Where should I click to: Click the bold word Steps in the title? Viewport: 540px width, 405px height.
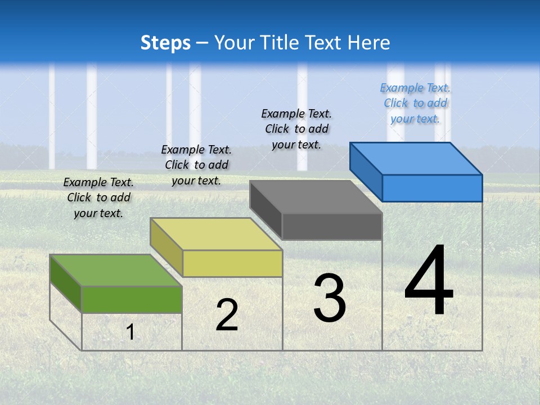[165, 43]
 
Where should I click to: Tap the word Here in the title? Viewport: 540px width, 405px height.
[369, 43]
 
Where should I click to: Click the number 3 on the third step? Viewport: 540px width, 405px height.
[330, 298]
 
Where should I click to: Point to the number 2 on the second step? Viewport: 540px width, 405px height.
[227, 315]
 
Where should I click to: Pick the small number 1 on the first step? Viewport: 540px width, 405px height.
[130, 332]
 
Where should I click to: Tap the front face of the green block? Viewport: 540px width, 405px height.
[132, 299]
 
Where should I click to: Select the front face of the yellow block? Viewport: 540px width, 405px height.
[232, 263]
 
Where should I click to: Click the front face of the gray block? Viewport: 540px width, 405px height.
[332, 227]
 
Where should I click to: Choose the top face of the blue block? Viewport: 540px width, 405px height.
[415, 158]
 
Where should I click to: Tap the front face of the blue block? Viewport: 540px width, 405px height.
[432, 188]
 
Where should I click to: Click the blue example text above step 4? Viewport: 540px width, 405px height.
[415, 103]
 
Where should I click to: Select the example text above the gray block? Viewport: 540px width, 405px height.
[296, 129]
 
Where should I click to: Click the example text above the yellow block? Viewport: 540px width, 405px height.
[196, 165]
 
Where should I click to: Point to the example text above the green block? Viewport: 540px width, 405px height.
[98, 197]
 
